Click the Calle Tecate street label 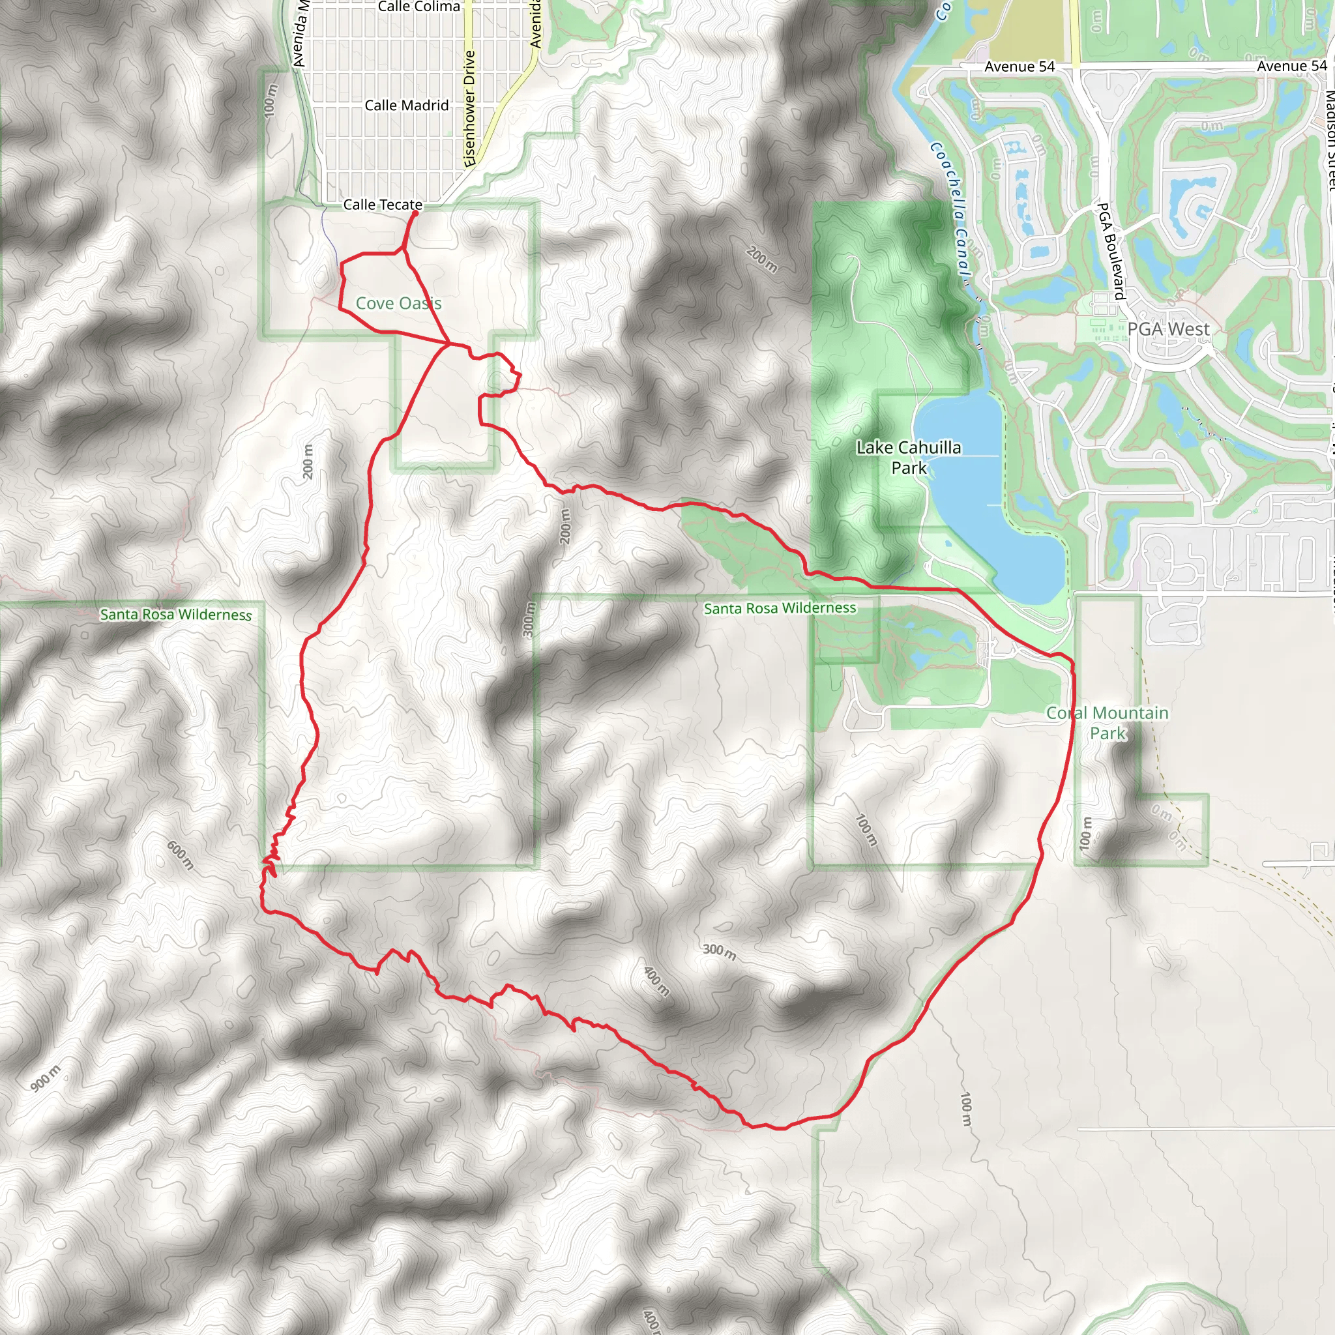point(383,205)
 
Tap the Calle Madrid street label point(406,105)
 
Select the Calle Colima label point(418,7)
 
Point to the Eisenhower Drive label point(470,108)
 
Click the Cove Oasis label point(398,302)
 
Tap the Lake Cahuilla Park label point(909,458)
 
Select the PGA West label point(1169,329)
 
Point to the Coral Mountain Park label point(1108,723)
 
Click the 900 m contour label point(46,1078)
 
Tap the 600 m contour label point(181,855)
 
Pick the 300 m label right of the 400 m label point(720,952)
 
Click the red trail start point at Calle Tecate point(415,214)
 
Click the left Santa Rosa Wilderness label point(175,614)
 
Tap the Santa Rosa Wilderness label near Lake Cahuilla point(780,608)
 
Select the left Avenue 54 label point(1020,66)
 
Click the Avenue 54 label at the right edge point(1291,66)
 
